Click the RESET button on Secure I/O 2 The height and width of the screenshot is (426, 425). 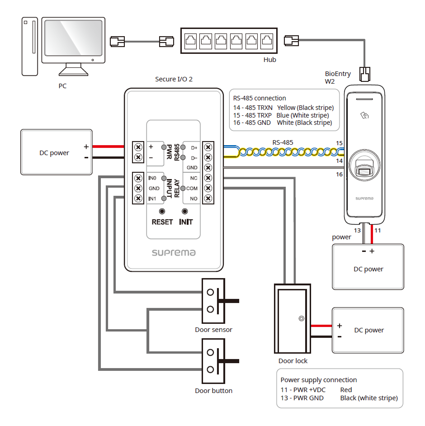point(162,212)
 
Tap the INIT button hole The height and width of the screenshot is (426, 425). point(184,212)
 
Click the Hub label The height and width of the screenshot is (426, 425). point(270,60)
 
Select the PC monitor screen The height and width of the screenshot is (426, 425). point(73,39)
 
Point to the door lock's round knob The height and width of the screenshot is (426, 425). point(301,318)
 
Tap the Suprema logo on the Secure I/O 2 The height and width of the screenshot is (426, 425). point(174,252)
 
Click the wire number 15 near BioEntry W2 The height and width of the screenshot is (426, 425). point(340,143)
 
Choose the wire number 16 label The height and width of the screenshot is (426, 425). point(340,175)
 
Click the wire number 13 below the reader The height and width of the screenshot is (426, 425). point(357,230)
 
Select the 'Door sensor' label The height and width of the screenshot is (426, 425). point(213,330)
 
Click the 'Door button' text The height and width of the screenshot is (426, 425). point(213,391)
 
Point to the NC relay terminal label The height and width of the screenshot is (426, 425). point(194,178)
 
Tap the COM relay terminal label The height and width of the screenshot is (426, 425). point(192,188)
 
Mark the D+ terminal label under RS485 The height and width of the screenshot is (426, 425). point(194,147)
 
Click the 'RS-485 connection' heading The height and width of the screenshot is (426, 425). point(260,98)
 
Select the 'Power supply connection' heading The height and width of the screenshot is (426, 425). point(318,380)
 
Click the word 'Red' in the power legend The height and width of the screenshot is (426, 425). point(346,389)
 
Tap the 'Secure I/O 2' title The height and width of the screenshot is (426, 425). point(174,79)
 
